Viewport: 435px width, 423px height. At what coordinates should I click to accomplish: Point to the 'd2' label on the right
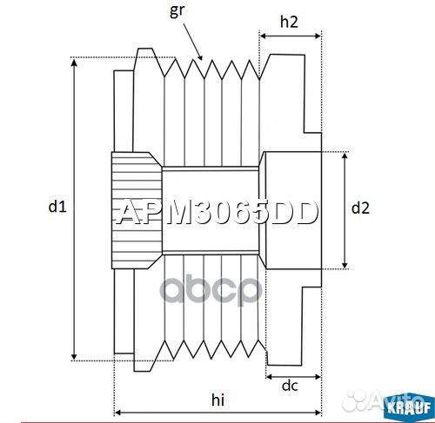tap(360, 208)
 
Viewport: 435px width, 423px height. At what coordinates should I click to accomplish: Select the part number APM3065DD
tap(217, 213)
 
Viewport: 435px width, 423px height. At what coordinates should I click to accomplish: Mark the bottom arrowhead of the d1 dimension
tap(76, 357)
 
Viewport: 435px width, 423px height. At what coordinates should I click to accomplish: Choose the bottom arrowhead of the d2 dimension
tap(346, 266)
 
